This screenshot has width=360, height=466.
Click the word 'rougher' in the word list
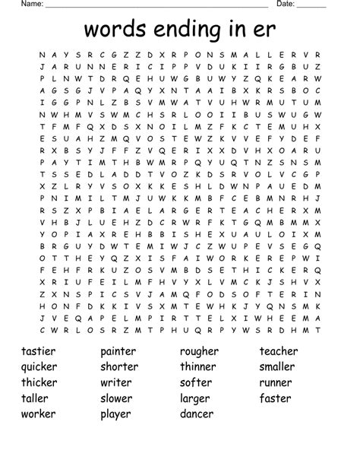coord(199,352)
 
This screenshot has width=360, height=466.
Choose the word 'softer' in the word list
coord(195,382)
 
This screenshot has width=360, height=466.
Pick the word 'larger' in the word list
coord(194,399)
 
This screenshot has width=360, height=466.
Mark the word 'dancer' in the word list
coord(197,414)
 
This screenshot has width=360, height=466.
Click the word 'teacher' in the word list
coord(279,351)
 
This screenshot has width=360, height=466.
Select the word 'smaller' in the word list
coord(279,367)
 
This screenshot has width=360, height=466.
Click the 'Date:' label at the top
coord(284,4)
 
